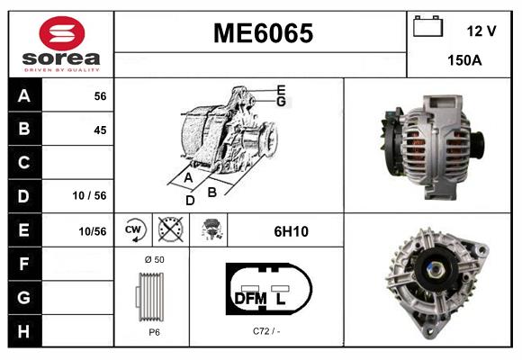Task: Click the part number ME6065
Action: (262, 34)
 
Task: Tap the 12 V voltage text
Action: (481, 31)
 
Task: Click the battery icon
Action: (427, 28)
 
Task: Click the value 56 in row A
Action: (100, 96)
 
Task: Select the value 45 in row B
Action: (100, 130)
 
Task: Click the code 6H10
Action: (291, 231)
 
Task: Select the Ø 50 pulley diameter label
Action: (153, 259)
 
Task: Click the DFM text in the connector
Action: (250, 298)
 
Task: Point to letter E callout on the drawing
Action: (281, 89)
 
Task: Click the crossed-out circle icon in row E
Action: (169, 230)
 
